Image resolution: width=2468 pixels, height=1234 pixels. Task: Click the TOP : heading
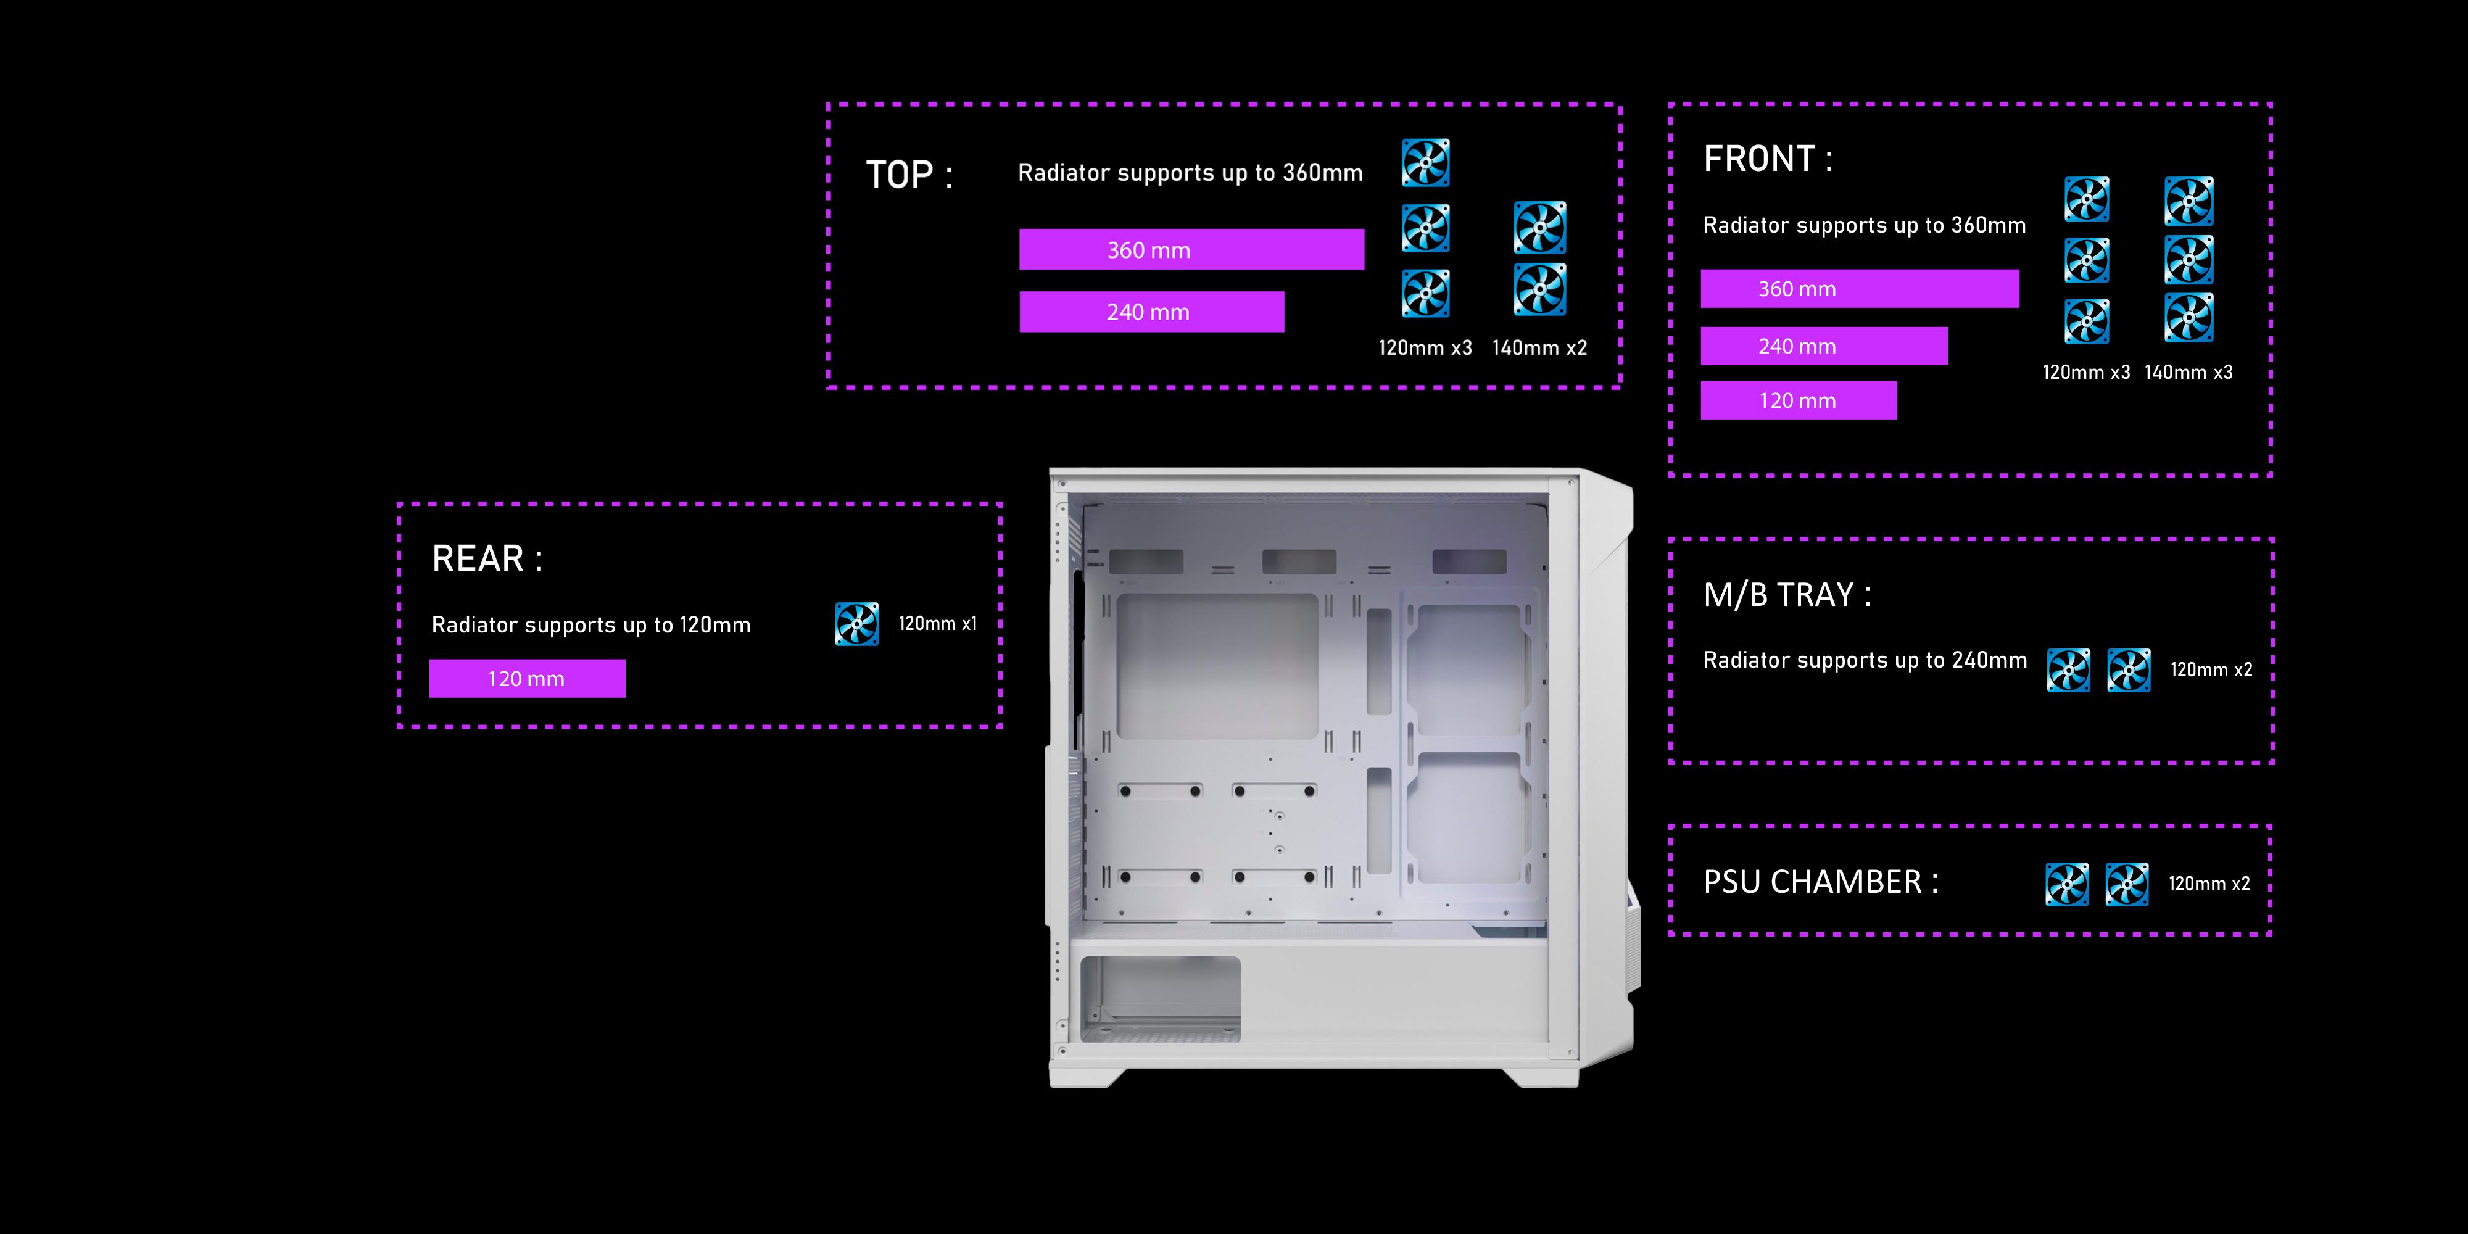[908, 175]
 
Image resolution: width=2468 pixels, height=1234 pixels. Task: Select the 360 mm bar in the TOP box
[1191, 249]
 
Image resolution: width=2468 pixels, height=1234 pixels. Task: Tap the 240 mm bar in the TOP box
[1151, 312]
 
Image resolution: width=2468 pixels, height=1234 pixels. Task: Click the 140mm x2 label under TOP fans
[1539, 348]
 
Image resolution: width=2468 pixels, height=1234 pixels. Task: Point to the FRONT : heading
[1768, 159]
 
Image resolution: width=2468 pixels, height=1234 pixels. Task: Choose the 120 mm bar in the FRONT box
[1797, 400]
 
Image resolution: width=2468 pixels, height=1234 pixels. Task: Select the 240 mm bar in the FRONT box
[1823, 346]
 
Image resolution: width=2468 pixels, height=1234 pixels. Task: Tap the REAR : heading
[487, 558]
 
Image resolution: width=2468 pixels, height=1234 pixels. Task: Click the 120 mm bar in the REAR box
[527, 678]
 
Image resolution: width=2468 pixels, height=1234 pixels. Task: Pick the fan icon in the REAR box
[856, 624]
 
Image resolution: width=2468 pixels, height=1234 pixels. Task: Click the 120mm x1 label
[937, 624]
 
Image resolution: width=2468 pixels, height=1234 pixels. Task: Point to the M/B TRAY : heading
[1787, 595]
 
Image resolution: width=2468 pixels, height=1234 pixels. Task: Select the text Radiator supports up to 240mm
[1865, 660]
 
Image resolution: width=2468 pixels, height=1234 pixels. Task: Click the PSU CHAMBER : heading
[1820, 882]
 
